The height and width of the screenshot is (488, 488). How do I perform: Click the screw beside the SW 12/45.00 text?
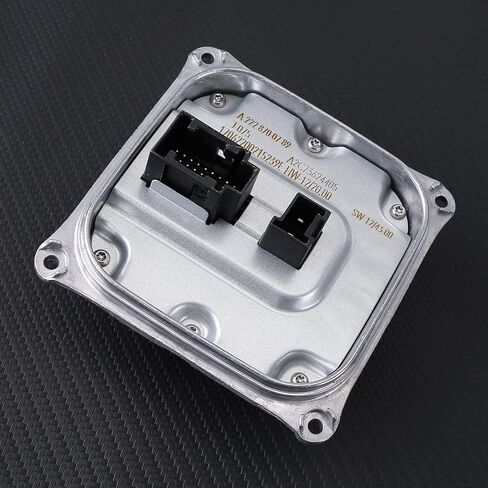tap(398, 211)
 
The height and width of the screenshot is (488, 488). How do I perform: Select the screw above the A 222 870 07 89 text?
tap(217, 99)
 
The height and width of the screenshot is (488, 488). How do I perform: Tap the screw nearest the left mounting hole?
tap(101, 257)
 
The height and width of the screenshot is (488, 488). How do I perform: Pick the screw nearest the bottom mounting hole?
tap(298, 379)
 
